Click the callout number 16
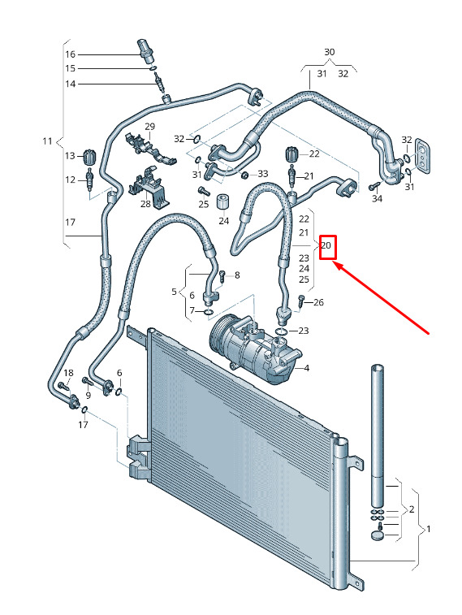pyautogui.click(x=70, y=54)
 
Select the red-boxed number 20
pyautogui.click(x=326, y=246)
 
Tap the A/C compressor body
pyautogui.click(x=255, y=350)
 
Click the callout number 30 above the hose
pyautogui.click(x=330, y=52)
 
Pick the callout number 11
pyautogui.click(x=47, y=141)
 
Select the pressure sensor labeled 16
pyautogui.click(x=146, y=50)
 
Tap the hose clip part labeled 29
pyautogui.click(x=149, y=149)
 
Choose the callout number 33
pyautogui.click(x=262, y=173)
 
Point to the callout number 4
pyautogui.click(x=307, y=368)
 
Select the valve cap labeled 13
pyautogui.click(x=90, y=157)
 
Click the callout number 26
pyautogui.click(x=318, y=302)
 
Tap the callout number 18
pyautogui.click(x=68, y=373)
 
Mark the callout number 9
pyautogui.click(x=89, y=396)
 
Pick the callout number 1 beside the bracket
pyautogui.click(x=428, y=529)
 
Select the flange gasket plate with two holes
pyautogui.click(x=423, y=155)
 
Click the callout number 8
pyautogui.click(x=237, y=275)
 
